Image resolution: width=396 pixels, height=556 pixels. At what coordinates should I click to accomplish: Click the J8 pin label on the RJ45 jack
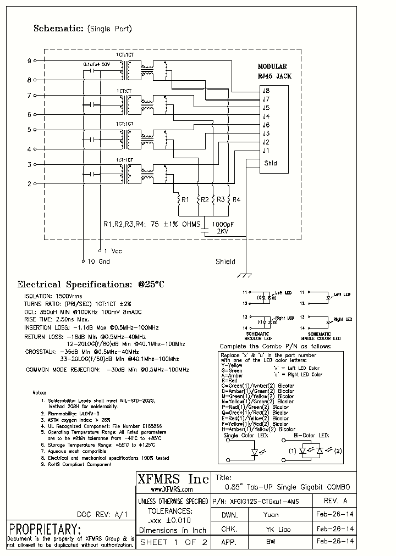(x=266, y=91)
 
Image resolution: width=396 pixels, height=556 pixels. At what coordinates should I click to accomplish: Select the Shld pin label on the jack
(x=271, y=163)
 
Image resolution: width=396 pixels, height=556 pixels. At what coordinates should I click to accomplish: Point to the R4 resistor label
(x=237, y=200)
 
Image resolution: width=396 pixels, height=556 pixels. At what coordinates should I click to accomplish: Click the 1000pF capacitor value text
(x=222, y=224)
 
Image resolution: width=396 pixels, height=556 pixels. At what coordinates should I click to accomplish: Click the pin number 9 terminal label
(x=29, y=60)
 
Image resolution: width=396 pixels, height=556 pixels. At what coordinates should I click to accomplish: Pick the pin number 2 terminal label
(x=29, y=184)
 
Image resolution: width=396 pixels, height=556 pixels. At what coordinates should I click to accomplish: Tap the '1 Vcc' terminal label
(x=112, y=251)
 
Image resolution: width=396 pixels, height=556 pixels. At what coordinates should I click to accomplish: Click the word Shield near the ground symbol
(x=225, y=262)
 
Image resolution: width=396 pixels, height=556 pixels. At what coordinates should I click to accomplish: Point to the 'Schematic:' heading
(x=58, y=28)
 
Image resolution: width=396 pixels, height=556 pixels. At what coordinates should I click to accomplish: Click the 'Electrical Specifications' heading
(x=91, y=285)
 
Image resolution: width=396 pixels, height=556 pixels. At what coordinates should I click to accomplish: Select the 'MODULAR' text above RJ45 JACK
(x=272, y=66)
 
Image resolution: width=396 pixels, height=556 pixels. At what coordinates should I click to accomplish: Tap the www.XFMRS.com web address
(x=171, y=489)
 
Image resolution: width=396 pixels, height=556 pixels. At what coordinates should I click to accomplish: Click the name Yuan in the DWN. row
(x=271, y=515)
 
